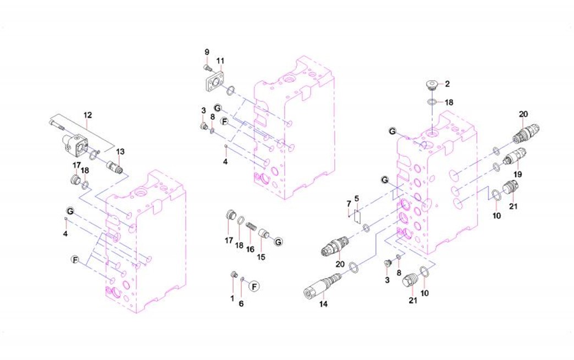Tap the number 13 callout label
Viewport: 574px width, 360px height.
120,152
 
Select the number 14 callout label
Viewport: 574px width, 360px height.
323,304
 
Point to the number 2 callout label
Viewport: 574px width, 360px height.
447,84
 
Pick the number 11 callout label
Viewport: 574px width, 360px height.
220,60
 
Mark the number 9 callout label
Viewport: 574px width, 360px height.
207,52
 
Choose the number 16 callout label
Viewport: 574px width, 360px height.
250,250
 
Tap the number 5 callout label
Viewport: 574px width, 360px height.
356,198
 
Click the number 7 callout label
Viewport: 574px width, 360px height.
348,204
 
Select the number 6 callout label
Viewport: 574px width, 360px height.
241,304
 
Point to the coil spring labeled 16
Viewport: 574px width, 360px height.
251,227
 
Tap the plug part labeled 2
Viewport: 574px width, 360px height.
432,85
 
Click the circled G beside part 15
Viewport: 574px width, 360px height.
278,241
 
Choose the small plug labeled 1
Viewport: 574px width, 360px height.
233,274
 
